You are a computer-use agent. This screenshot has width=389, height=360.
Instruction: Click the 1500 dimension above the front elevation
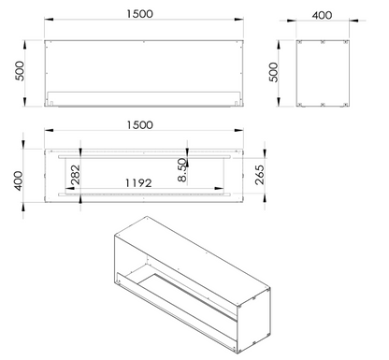click(x=140, y=14)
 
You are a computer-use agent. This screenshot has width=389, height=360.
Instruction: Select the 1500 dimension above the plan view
click(x=140, y=125)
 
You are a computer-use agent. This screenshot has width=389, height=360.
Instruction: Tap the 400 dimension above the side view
click(x=322, y=15)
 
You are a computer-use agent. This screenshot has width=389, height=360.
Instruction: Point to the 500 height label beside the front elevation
click(x=20, y=71)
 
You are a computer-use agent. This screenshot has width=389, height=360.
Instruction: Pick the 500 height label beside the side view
click(x=273, y=72)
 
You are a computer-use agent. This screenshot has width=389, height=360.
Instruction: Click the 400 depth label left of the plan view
click(x=19, y=180)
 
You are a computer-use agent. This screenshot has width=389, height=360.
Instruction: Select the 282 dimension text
click(x=76, y=175)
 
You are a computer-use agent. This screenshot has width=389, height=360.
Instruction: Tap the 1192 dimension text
click(x=138, y=183)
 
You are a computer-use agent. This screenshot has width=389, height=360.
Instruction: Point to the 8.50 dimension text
click(x=182, y=170)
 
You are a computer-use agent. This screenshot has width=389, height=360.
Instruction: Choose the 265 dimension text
click(x=259, y=175)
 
